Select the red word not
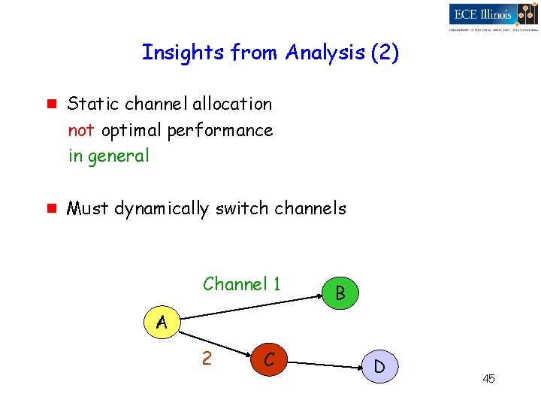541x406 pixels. point(81,130)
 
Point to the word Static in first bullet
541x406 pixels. point(89,104)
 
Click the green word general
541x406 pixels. point(119,157)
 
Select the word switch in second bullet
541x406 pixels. point(240,208)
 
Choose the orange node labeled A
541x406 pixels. point(162,323)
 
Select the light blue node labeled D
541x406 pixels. point(379,367)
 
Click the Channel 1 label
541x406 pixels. point(241,284)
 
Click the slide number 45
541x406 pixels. point(488,378)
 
